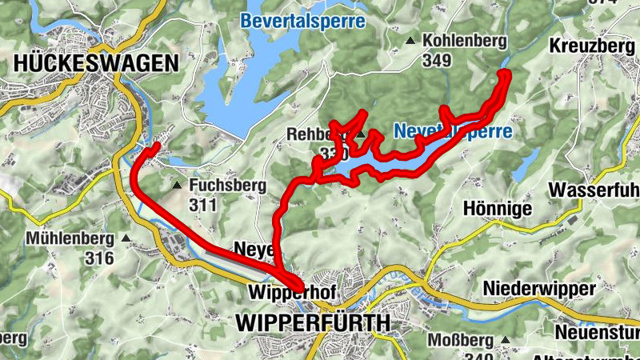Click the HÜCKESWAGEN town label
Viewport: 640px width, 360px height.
[x=95, y=63]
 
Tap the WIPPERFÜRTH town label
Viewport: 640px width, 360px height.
[x=314, y=323]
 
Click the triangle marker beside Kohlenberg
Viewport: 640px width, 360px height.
[x=410, y=40]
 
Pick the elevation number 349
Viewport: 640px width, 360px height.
[x=438, y=60]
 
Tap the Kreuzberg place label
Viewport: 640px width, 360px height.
[x=592, y=46]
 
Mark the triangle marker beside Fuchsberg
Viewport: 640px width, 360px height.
[x=177, y=186]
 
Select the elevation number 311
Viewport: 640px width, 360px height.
[x=205, y=206]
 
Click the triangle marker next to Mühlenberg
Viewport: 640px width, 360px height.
[x=126, y=238]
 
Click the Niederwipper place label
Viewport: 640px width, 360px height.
[x=540, y=287]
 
